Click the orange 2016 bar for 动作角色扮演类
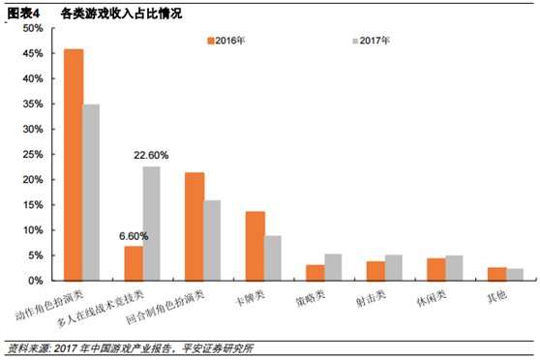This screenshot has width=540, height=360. pos(74,165)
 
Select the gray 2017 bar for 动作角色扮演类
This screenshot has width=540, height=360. pos(91,193)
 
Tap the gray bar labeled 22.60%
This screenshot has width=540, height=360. pos(152,224)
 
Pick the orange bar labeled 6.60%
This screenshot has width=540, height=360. pos(134,263)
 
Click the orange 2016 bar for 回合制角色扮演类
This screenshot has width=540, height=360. pos(195,226)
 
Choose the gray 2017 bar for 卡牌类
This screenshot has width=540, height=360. pos(273,258)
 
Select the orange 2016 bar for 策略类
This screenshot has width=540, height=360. pos(315,273)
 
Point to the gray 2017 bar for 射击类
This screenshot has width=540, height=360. pos(394,268)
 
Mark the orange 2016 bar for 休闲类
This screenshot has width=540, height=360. pos(436,269)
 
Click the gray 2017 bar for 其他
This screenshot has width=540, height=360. pos(515,275)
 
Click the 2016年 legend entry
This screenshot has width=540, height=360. pos(225,41)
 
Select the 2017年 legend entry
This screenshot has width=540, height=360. pos(371,41)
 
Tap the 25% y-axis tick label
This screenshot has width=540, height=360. pos(33,154)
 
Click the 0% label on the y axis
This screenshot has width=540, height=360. pos(36,281)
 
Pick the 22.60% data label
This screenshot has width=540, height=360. pos(151,156)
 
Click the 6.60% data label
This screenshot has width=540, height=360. pos(134,236)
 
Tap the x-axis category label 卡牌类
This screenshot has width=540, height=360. pos(250,297)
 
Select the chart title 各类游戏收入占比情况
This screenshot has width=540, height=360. pos(121,14)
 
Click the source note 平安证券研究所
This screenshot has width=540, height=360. pos(218,348)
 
